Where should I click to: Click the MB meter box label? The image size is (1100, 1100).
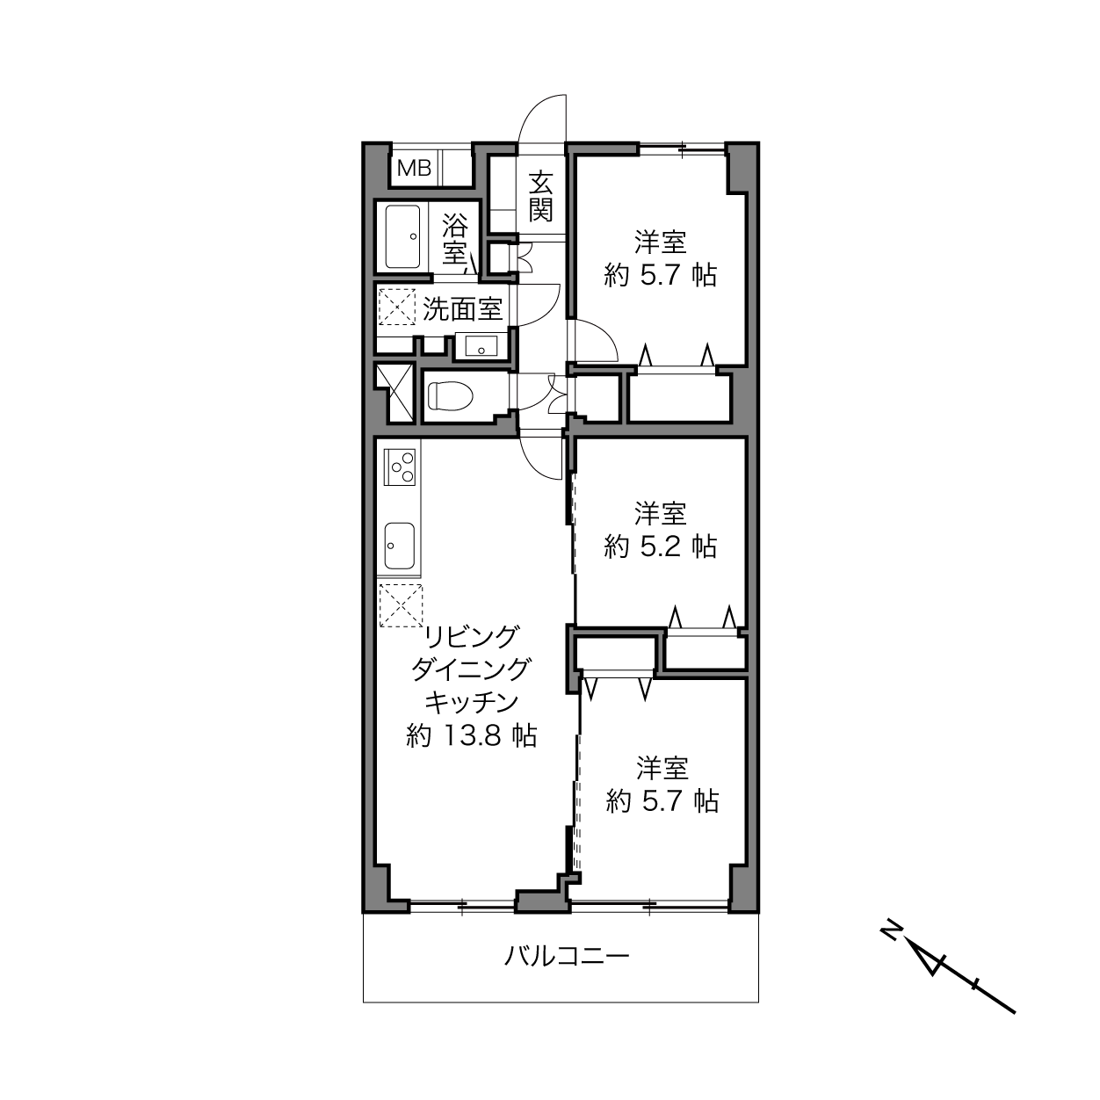pos(414,169)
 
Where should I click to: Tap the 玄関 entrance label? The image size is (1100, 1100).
pos(540,197)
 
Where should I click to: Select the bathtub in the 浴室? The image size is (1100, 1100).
pos(402,237)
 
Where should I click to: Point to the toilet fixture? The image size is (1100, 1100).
pos(451,395)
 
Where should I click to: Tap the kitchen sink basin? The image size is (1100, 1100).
pos(399,545)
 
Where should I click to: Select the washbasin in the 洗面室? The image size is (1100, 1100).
pos(481,346)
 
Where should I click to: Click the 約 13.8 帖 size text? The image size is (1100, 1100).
pos(472,735)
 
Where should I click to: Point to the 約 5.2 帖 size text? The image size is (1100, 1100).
pos(661,546)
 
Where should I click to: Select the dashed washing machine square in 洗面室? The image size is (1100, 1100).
pos(397,308)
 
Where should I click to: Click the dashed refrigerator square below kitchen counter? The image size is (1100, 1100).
pos(401,605)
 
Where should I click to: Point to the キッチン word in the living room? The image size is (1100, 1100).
pos(472,703)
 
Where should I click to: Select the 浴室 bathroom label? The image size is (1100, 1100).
pos(455,239)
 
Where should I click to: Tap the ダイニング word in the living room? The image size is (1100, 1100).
pos(472,669)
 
